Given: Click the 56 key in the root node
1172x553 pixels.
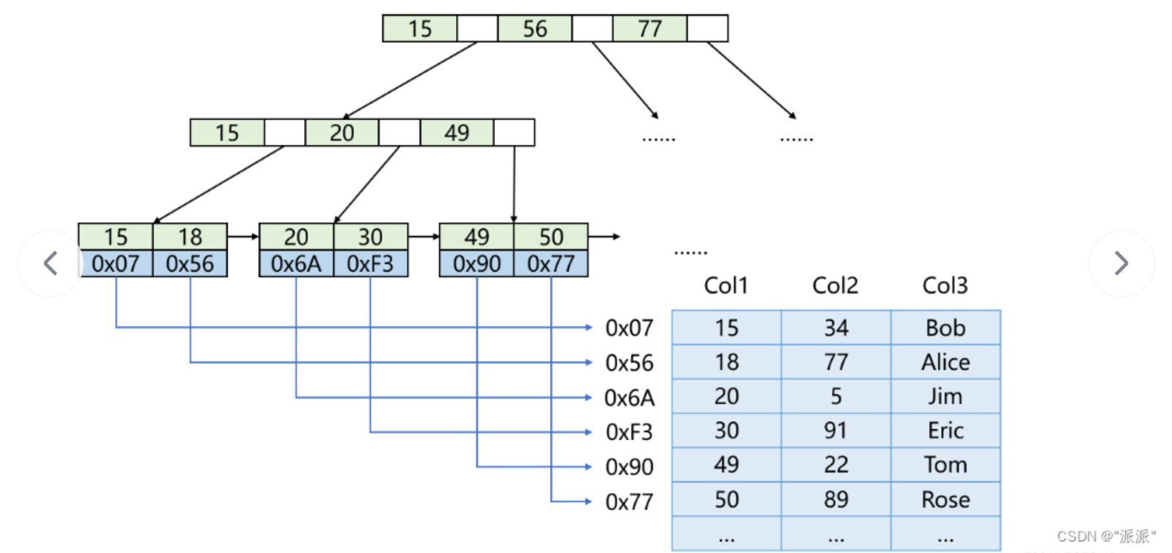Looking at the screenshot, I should click(535, 28).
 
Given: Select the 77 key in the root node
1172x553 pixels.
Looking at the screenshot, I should click(650, 28).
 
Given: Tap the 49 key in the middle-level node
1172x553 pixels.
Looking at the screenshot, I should click(457, 133).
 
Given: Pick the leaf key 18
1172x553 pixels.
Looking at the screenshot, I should click(190, 237).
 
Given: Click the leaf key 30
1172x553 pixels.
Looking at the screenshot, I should click(370, 237).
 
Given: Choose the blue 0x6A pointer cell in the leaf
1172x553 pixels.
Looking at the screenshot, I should click(296, 264).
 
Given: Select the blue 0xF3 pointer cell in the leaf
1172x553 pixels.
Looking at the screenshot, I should click(370, 264).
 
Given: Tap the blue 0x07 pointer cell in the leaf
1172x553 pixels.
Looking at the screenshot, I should click(116, 264).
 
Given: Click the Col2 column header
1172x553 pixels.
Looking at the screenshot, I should click(835, 286).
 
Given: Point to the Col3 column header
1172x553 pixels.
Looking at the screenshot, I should click(945, 286).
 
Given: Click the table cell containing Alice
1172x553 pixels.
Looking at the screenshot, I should click(945, 362).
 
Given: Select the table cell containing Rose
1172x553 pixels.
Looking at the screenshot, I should click(945, 500).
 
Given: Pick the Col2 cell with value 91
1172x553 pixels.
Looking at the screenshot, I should click(835, 431).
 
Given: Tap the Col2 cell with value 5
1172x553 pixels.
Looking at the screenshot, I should click(835, 396).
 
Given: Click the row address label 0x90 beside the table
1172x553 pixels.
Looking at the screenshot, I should click(629, 467).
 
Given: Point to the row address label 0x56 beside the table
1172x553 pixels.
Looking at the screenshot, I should click(629, 363).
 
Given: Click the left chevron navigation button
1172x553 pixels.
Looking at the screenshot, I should click(50, 263).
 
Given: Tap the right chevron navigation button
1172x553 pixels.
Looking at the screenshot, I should click(1121, 263).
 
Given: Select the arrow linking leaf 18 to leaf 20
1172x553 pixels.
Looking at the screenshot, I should click(243, 237).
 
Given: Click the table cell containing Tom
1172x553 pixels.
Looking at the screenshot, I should click(945, 465).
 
